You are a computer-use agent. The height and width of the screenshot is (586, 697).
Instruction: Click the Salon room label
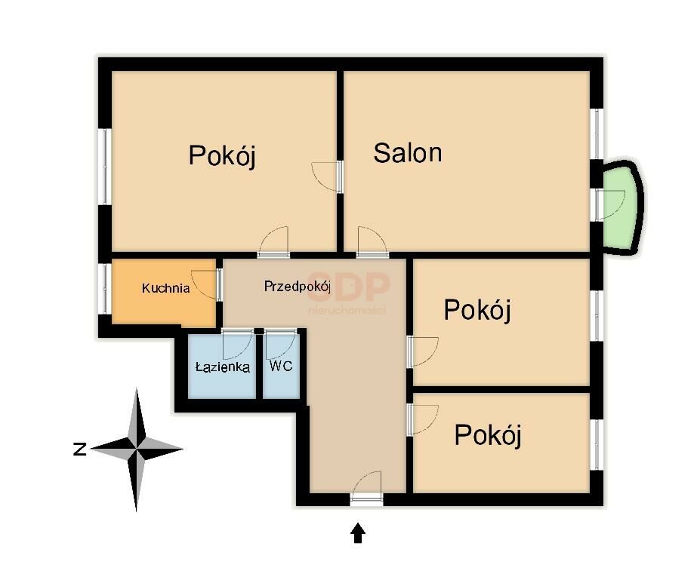408,152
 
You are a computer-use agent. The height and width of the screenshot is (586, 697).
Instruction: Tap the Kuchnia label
166,288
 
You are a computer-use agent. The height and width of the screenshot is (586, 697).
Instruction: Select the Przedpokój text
298,287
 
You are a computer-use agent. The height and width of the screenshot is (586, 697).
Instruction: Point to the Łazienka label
223,367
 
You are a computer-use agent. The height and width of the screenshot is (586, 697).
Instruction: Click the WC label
281,366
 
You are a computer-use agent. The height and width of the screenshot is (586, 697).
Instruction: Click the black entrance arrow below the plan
358,532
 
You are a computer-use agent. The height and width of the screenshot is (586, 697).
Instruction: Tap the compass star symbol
137,449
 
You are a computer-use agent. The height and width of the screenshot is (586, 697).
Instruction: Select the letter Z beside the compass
79,449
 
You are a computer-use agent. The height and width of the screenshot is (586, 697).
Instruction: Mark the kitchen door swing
205,284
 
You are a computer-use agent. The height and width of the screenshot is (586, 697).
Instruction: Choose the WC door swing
281,345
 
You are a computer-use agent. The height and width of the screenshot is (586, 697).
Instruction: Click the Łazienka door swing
237,345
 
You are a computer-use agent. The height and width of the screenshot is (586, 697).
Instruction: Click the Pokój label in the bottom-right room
488,434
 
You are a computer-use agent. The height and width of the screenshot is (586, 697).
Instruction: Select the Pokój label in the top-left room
223,155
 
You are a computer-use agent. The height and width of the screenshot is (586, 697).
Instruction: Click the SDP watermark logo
349,292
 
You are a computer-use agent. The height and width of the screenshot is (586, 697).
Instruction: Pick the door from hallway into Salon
372,241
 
